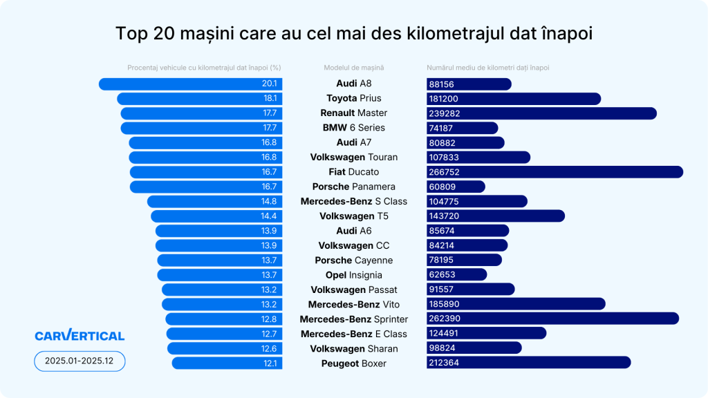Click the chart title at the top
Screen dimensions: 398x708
pos(354,34)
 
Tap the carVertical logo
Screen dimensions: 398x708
pos(80,336)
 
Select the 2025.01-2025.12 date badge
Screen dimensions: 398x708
pos(80,361)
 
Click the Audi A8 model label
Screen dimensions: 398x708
pos(353,84)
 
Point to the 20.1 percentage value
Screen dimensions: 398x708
pos(269,84)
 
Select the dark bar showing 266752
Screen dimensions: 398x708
pos(555,172)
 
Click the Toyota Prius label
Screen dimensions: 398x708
pos(353,98)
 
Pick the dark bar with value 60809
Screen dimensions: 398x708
pos(456,187)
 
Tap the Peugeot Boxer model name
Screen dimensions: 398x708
pos(353,363)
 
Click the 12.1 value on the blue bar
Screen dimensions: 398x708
pos(269,363)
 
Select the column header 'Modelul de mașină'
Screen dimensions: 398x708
pos(353,68)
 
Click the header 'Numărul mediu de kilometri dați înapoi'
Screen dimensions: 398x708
pos(488,68)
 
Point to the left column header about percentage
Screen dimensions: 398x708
pos(204,68)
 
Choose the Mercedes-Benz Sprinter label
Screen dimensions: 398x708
pos(353,319)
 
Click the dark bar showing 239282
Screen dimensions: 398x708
pos(541,113)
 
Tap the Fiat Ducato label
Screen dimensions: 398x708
pos(353,172)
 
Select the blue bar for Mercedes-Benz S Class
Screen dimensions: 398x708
pos(214,202)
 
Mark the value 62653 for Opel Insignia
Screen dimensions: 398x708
pos(442,275)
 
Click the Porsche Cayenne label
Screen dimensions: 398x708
pos(353,260)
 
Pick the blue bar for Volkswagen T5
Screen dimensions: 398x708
pos(216,216)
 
